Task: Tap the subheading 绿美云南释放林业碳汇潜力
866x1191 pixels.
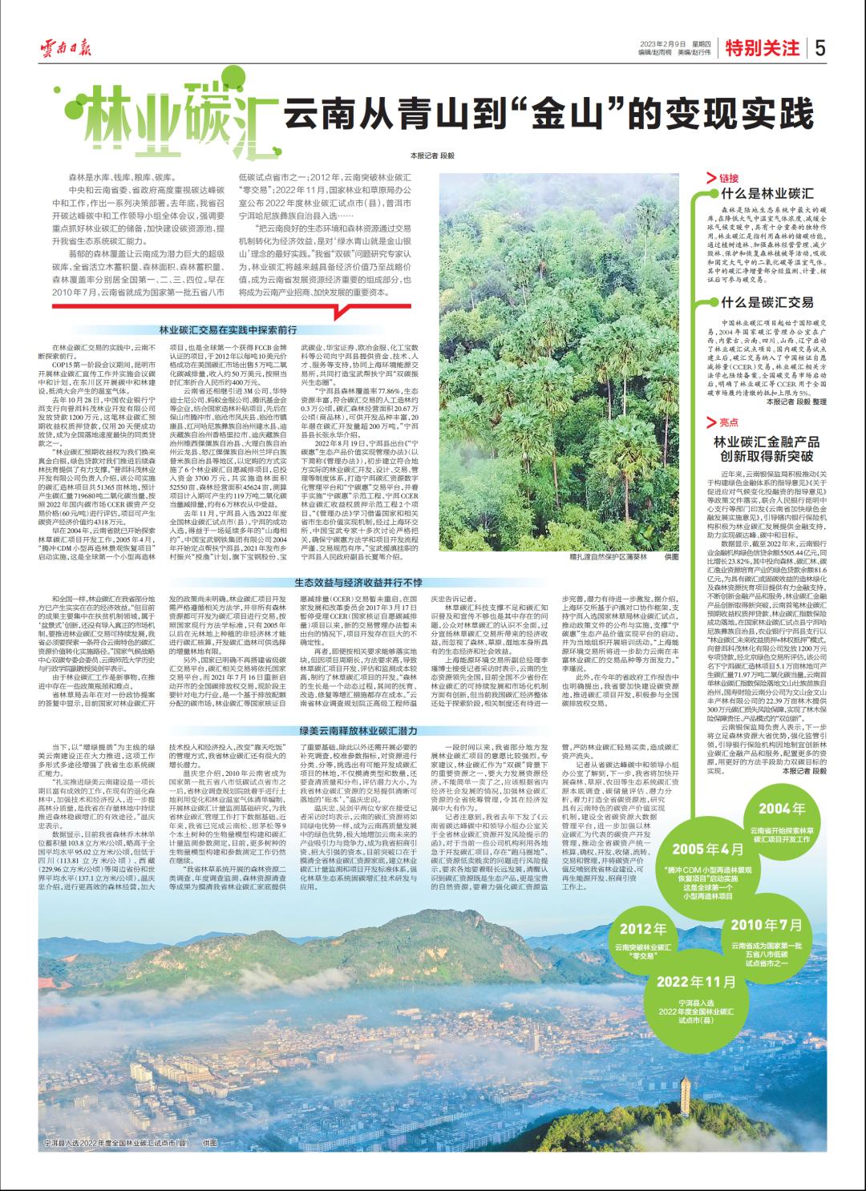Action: (347, 731)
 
